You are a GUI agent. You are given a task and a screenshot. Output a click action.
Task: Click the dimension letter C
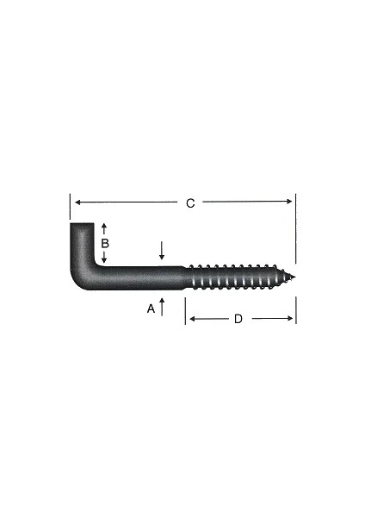click(190, 203)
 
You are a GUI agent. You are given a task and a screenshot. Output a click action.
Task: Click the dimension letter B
click(104, 244)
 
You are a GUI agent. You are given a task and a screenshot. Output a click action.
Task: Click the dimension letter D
click(238, 320)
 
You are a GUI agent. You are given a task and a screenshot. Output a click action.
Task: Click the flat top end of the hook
click(81, 226)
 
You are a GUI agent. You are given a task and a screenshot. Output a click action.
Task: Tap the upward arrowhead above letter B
click(104, 227)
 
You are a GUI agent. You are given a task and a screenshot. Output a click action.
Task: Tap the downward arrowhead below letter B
click(104, 259)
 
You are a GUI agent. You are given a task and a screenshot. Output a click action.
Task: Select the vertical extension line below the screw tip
click(296, 310)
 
